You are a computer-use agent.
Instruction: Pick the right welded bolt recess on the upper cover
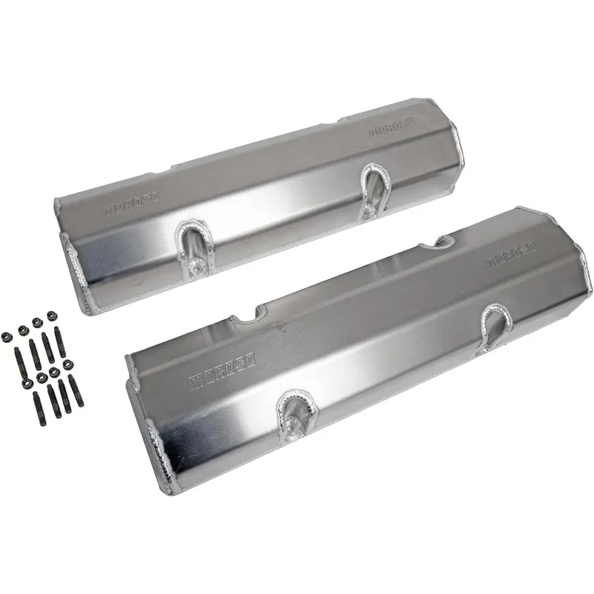pyautogui.click(x=373, y=189)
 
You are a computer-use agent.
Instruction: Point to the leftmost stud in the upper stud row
pyautogui.click(x=16, y=356)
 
